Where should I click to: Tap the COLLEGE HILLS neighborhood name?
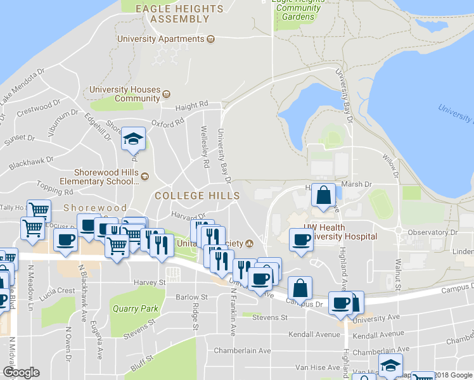pos(189,196)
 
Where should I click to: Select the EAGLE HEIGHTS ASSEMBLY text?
pos(180,14)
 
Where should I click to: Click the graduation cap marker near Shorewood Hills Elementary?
pos(134,139)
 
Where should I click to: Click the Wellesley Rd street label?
pos(205,152)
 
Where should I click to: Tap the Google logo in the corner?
pos(21,372)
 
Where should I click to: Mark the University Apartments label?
pos(162,39)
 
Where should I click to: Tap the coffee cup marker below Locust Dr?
pos(66,240)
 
